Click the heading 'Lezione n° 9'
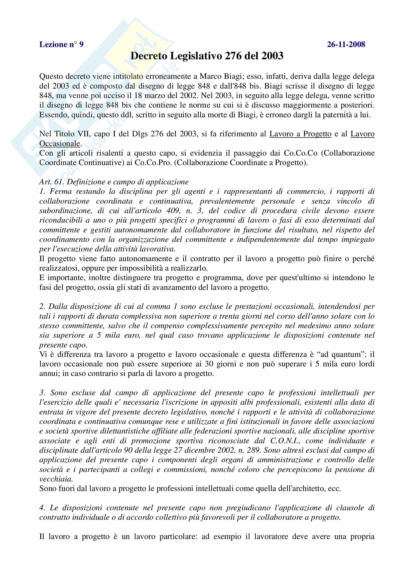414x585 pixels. (x=61, y=45)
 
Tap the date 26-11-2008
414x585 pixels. (x=346, y=45)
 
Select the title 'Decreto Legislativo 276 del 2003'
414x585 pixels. (x=207, y=56)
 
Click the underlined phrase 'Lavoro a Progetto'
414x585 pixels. (x=300, y=134)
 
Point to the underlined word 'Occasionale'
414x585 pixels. (x=60, y=144)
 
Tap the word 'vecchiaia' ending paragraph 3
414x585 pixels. (x=56, y=479)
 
